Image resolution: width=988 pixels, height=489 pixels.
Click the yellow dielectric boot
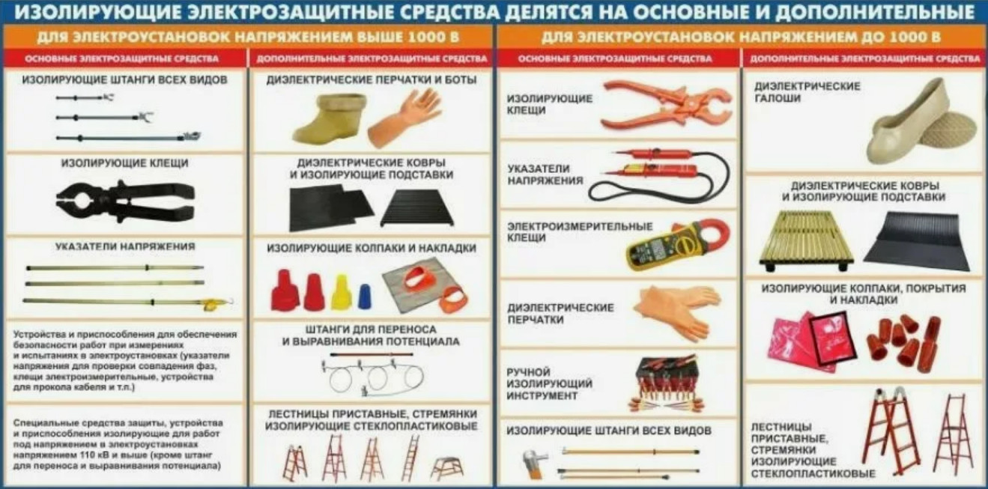click(x=329, y=119)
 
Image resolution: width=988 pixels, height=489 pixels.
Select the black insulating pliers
click(x=125, y=201)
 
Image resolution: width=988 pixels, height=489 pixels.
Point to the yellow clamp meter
click(x=678, y=245)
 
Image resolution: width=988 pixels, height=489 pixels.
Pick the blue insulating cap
click(x=364, y=296)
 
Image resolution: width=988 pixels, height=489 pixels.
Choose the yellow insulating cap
click(x=341, y=292)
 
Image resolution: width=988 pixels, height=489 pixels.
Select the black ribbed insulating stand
click(x=417, y=208)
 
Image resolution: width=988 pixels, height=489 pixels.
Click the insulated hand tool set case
click(x=667, y=383)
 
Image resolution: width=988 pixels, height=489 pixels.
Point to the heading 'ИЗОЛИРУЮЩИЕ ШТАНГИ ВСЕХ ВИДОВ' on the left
click(x=125, y=80)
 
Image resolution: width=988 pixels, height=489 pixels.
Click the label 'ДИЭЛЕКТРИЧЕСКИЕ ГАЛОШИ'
click(x=807, y=92)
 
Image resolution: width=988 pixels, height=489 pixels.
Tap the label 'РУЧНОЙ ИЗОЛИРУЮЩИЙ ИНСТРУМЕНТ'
click(x=549, y=383)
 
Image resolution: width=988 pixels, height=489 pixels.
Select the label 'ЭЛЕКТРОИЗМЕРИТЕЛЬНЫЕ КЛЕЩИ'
click(x=580, y=232)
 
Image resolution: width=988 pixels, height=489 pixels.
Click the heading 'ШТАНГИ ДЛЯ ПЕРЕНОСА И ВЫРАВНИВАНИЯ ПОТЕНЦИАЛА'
click(x=371, y=335)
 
